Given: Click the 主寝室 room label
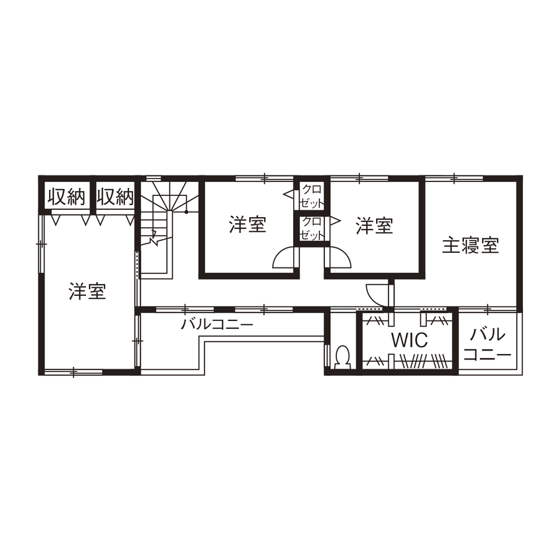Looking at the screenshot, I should click(x=471, y=246).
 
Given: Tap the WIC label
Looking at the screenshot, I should click(x=409, y=341).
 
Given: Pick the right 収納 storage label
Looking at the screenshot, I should click(x=116, y=197).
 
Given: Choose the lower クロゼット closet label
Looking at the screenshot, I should click(x=312, y=228).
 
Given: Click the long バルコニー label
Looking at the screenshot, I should click(x=217, y=325).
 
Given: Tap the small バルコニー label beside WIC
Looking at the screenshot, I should click(x=487, y=344).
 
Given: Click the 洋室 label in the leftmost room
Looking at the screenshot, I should click(x=87, y=291).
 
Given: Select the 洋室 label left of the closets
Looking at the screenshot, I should click(x=248, y=225).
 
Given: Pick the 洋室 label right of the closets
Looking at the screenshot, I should click(x=375, y=226).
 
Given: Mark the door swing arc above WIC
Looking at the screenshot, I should click(x=375, y=294).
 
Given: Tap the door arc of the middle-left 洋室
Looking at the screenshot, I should click(x=285, y=257).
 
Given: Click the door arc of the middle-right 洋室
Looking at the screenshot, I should click(x=338, y=257).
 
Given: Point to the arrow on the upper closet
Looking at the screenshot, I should click(x=289, y=195).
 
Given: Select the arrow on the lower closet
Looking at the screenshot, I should click(x=335, y=218).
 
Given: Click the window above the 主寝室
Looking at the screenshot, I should click(x=454, y=177).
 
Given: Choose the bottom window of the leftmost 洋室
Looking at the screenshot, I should click(x=73, y=372).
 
